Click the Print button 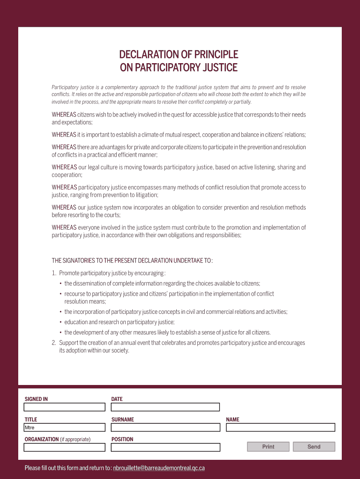point(268,447)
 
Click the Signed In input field point(65,407)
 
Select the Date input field point(166,407)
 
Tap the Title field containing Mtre point(65,428)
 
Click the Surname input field point(166,428)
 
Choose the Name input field point(281,428)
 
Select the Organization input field point(65,447)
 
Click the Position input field point(166,447)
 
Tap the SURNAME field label point(122,420)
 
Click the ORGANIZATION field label point(42,439)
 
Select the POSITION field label point(122,439)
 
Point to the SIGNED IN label point(36,399)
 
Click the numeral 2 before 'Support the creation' point(54,343)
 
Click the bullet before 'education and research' point(61,322)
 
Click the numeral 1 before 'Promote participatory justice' point(54,273)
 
